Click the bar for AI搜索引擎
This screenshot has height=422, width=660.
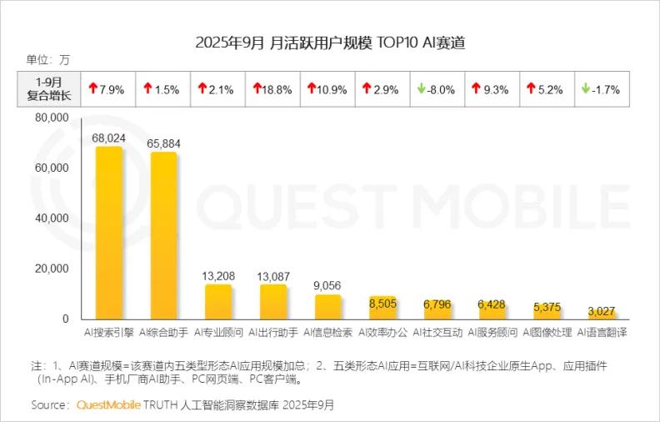click(109, 234)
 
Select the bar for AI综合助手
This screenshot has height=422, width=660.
click(163, 237)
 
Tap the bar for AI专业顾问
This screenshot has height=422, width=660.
click(218, 302)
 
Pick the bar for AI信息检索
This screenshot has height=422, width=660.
click(327, 307)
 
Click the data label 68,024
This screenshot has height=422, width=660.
click(109, 137)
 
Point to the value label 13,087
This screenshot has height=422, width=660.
click(272, 276)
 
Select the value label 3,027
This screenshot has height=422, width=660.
click(601, 311)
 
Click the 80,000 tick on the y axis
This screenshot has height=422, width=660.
click(52, 118)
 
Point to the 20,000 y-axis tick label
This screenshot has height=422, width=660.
click(52, 269)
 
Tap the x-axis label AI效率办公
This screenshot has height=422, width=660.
click(382, 333)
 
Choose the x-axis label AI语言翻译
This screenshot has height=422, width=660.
click(601, 333)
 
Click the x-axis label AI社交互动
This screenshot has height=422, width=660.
click(437, 333)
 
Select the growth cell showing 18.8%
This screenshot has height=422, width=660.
click(273, 89)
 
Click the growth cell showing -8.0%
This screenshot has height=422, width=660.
click(437, 89)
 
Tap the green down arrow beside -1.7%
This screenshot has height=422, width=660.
click(586, 88)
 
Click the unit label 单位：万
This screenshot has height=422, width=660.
click(48, 60)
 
